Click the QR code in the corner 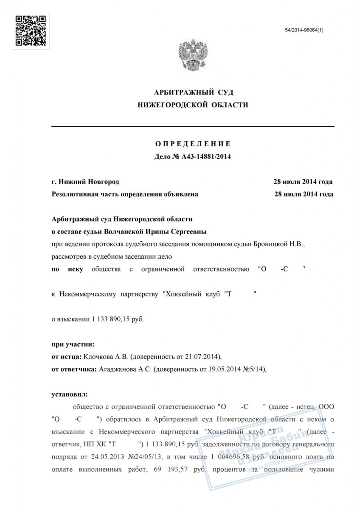tap(30, 30)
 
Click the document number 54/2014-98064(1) tap(304, 31)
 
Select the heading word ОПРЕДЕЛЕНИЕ tap(192, 144)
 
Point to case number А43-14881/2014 tap(206, 156)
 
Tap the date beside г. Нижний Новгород tap(303, 182)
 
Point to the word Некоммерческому tap(87, 294)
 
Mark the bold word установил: tap(69, 394)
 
